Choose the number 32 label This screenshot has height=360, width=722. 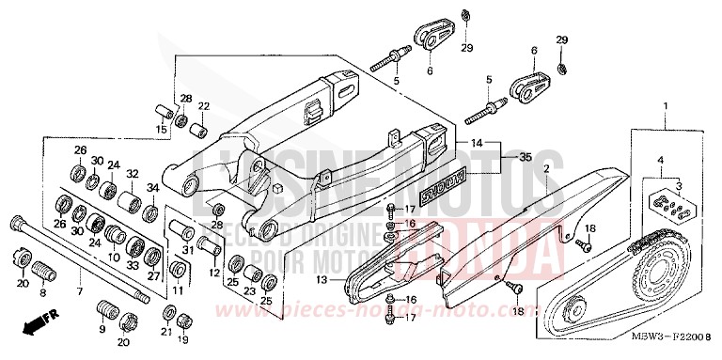point(133,174)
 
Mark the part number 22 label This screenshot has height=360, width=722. point(204,106)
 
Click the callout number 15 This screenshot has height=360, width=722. point(161,128)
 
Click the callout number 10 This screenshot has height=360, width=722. point(115,257)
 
